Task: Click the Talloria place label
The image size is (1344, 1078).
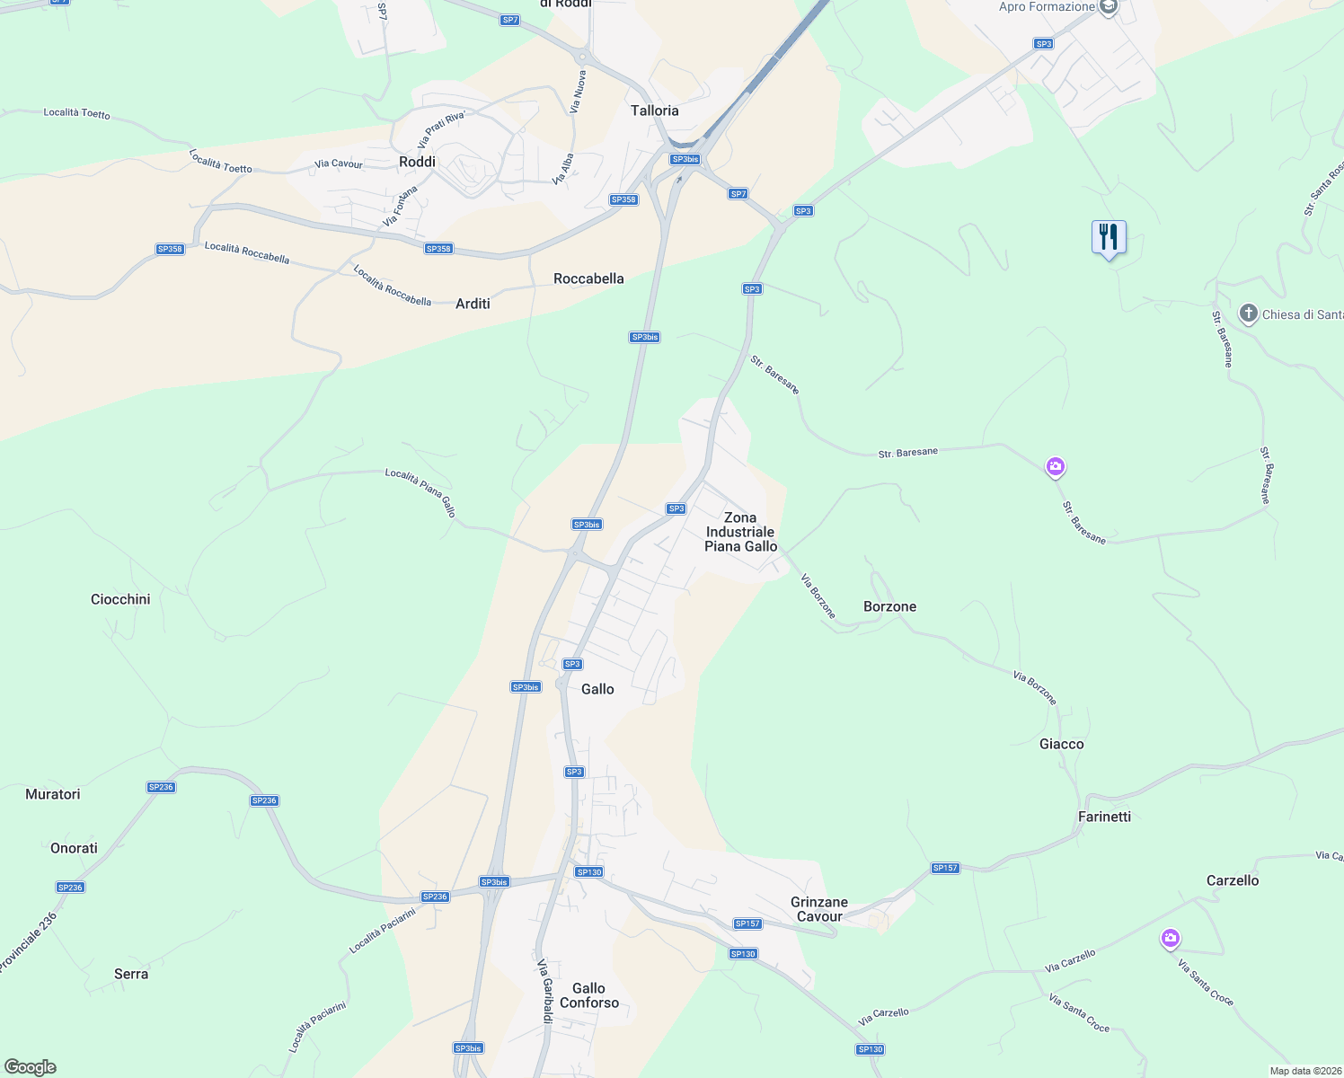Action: (x=654, y=110)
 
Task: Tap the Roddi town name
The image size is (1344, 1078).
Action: (x=417, y=162)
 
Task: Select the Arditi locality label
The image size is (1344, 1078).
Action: (x=473, y=304)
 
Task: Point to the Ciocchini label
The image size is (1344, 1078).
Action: (x=120, y=599)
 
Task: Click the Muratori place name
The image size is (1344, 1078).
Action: (x=53, y=794)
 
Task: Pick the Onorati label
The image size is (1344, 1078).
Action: (x=74, y=848)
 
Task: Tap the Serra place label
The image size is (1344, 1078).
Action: (x=131, y=974)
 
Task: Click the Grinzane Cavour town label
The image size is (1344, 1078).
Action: (x=818, y=909)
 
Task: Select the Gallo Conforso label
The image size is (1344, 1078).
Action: (x=589, y=995)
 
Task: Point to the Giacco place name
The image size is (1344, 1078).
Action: (x=1061, y=744)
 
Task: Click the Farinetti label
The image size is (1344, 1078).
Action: (x=1104, y=817)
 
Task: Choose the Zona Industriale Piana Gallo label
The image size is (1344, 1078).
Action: (x=740, y=532)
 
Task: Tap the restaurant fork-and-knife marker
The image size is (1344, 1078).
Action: (x=1109, y=238)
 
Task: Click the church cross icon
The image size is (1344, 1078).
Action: (x=1248, y=314)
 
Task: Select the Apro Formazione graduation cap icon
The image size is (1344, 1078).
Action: (x=1109, y=7)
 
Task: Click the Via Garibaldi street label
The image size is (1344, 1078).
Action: (x=545, y=991)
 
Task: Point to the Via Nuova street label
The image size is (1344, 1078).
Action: (x=579, y=92)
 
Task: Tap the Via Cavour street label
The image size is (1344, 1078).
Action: (x=339, y=163)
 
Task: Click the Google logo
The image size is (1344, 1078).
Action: (x=30, y=1067)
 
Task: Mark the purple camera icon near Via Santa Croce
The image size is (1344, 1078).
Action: (x=1170, y=939)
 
